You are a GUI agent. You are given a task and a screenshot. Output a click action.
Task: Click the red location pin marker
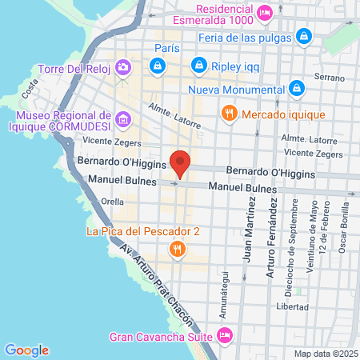180,163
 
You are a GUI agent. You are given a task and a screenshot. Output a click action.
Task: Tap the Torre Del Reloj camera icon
123,67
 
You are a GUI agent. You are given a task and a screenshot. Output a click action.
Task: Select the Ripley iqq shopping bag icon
198,64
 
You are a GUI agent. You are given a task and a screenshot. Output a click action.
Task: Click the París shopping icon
160,64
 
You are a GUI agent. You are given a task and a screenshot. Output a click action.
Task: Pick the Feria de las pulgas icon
303,36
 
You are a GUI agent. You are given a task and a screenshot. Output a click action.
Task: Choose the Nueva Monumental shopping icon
297,87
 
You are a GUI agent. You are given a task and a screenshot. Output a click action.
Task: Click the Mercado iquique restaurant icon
230,113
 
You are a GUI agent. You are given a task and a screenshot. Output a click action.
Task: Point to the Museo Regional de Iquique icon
122,121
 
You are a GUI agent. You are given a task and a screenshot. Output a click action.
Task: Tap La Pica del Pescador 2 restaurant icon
178,250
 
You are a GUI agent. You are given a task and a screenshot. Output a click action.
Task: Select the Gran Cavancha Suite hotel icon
225,334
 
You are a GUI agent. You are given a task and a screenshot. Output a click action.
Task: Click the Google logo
26,350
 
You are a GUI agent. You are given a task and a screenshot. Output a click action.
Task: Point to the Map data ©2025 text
323,353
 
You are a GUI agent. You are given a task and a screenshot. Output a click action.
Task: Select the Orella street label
113,202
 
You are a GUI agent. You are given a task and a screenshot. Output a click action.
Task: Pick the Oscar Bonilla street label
343,231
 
